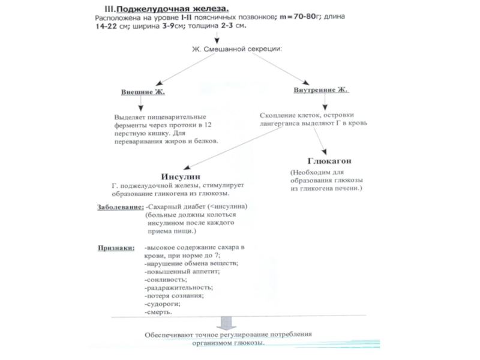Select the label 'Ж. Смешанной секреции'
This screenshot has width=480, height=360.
pyautogui.click(x=236, y=48)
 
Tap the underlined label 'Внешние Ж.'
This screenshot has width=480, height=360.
pyautogui.click(x=142, y=92)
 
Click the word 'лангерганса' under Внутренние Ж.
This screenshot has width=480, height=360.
pyautogui.click(x=282, y=122)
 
